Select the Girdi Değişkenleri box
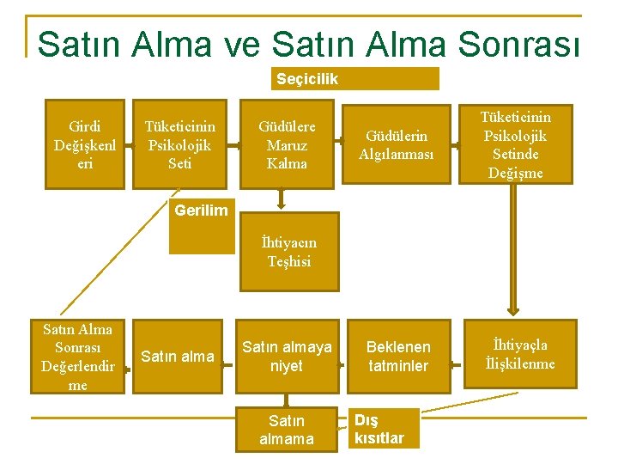tap(84, 144)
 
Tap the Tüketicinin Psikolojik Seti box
tap(180, 144)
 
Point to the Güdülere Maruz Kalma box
tap(287, 144)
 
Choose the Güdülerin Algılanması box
tap(397, 144)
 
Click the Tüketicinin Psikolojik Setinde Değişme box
tap(515, 144)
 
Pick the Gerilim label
tap(201, 211)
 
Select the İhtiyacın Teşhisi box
tap(288, 252)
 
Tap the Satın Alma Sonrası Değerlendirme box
tap(77, 357)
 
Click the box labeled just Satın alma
tap(178, 357)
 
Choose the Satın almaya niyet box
tap(287, 357)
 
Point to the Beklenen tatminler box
tap(397, 357)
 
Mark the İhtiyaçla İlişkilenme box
tap(515, 355)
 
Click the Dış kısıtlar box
tap(385, 428)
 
